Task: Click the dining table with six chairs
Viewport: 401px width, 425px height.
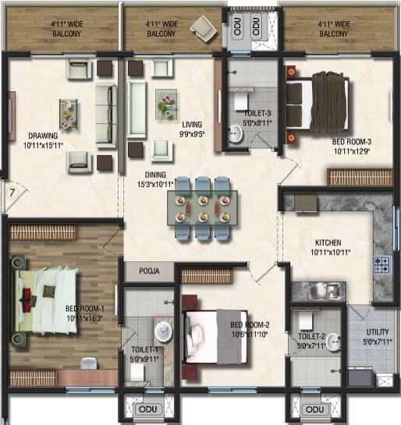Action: (202, 207)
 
